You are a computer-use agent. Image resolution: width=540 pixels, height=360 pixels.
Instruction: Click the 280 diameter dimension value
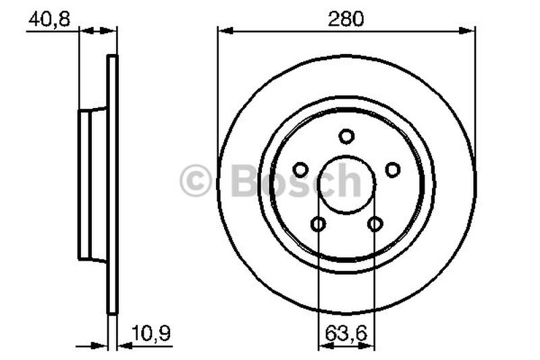(x=346, y=18)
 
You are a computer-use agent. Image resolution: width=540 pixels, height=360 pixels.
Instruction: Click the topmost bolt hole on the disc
(x=346, y=136)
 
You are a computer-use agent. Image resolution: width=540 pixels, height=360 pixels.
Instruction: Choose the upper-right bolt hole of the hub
(x=392, y=169)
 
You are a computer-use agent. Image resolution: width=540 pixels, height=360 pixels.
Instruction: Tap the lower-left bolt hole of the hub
(x=318, y=224)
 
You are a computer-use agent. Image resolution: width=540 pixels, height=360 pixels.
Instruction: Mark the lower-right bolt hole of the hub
(x=375, y=224)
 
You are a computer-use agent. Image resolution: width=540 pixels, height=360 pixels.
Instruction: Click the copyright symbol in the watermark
(x=196, y=182)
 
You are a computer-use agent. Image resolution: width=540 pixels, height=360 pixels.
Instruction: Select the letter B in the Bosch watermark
(x=244, y=181)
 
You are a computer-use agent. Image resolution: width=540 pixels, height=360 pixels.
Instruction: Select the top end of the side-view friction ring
(x=112, y=59)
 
